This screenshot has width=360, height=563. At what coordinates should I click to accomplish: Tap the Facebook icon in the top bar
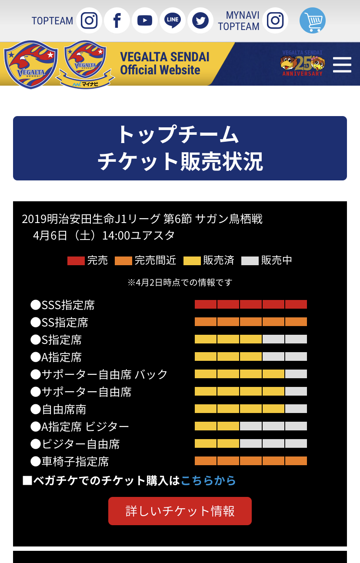click(x=117, y=20)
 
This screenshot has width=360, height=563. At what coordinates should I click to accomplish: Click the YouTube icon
click(x=144, y=20)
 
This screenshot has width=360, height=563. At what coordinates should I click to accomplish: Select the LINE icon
click(x=173, y=20)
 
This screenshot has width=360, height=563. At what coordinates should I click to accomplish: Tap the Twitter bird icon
click(x=200, y=20)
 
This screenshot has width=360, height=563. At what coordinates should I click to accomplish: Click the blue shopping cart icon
click(x=312, y=20)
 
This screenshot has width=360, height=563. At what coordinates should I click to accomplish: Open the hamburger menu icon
click(x=342, y=64)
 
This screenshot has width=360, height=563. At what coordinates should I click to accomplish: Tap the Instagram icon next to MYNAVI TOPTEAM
click(x=275, y=20)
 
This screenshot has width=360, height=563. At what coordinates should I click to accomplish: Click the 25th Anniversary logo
click(x=303, y=63)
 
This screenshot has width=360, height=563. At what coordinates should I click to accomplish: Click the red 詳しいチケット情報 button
click(x=180, y=511)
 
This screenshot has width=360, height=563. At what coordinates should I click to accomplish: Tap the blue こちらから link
click(x=208, y=480)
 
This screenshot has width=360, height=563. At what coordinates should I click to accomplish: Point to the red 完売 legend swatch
click(x=76, y=261)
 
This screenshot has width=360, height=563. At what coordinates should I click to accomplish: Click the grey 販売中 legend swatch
click(x=250, y=261)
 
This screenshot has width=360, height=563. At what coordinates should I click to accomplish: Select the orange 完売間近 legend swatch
click(x=123, y=261)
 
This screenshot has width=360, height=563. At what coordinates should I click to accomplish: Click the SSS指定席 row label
click(x=63, y=305)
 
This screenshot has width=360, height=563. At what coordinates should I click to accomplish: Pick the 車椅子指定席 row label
click(x=70, y=461)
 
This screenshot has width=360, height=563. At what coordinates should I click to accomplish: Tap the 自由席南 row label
click(x=58, y=409)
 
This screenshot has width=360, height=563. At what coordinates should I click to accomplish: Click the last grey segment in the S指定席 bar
click(x=296, y=339)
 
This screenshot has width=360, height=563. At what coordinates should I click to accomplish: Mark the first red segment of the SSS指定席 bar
click(x=206, y=304)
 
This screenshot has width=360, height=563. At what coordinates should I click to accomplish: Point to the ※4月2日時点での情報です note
click(x=180, y=283)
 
